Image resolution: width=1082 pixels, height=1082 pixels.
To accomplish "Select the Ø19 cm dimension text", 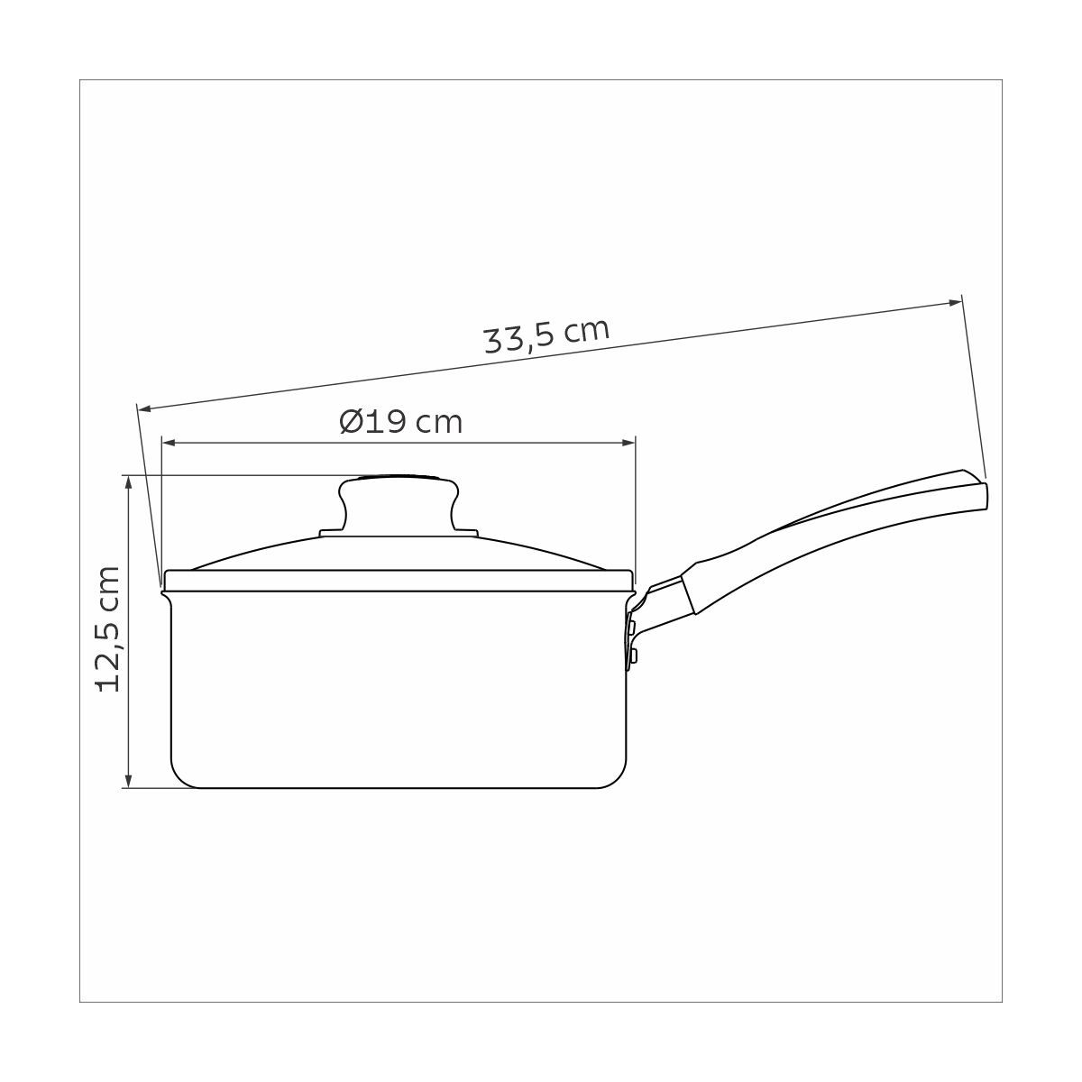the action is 401,421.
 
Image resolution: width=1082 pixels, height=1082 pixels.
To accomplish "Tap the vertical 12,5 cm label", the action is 108,628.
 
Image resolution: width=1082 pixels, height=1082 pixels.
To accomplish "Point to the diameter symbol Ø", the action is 353,421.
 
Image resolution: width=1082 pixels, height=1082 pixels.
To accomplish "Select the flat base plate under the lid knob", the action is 399,534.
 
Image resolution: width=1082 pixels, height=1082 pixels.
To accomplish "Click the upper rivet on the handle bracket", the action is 632,625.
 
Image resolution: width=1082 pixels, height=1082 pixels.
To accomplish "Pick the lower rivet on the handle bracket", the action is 632,654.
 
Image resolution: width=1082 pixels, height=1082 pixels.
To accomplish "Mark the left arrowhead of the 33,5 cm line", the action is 145,408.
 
